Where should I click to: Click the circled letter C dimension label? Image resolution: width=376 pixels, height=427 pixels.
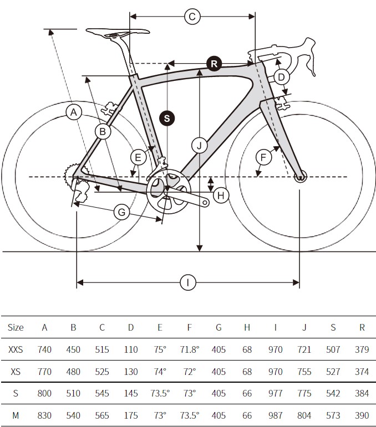[x=192, y=17]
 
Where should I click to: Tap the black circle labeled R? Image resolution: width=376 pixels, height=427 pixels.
[x=214, y=64]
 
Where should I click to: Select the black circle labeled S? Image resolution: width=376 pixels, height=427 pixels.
[x=166, y=118]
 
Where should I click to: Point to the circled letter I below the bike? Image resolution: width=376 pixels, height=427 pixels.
[x=188, y=283]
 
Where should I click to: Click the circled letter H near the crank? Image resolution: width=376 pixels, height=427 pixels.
[x=221, y=195]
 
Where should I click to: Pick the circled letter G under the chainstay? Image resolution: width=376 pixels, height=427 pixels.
[x=121, y=212]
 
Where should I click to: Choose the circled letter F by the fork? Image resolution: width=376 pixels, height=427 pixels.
[x=264, y=158]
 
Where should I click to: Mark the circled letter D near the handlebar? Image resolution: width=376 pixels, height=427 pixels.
[x=281, y=77]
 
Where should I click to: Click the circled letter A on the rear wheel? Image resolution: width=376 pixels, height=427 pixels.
[x=73, y=112]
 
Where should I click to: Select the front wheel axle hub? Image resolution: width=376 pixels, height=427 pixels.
[x=300, y=178]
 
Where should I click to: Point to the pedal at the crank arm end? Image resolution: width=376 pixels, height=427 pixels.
[x=206, y=203]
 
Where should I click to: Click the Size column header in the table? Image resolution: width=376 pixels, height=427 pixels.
[x=16, y=327]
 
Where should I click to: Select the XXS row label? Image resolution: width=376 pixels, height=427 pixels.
[x=16, y=349]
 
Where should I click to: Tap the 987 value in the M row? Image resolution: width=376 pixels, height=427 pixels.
[x=275, y=415]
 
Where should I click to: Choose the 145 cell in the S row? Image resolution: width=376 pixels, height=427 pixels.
[x=131, y=393]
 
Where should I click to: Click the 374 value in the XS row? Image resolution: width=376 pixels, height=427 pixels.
[x=362, y=372]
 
